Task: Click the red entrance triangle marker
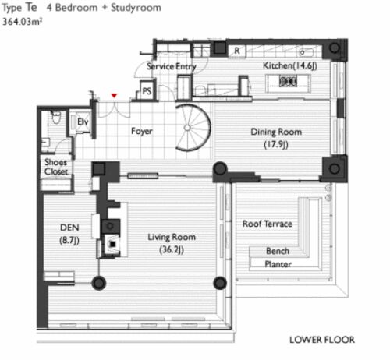pos(114,95)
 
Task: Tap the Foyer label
pos(142,131)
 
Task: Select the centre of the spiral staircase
pos(187,128)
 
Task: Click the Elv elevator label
pos(83,122)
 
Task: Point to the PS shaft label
pos(147,91)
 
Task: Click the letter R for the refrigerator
pos(237,51)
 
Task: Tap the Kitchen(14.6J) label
pos(290,66)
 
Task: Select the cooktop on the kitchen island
pos(288,81)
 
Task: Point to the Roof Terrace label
pos(268,224)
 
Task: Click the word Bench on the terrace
pos(278,251)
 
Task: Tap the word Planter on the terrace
pos(278,264)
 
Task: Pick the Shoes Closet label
pos(56,167)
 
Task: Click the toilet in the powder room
pos(55,116)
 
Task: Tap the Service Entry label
pos(172,66)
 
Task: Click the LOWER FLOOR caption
pos(322,340)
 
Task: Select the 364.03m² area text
pos(23,21)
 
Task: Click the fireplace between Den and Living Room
pos(112,244)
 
